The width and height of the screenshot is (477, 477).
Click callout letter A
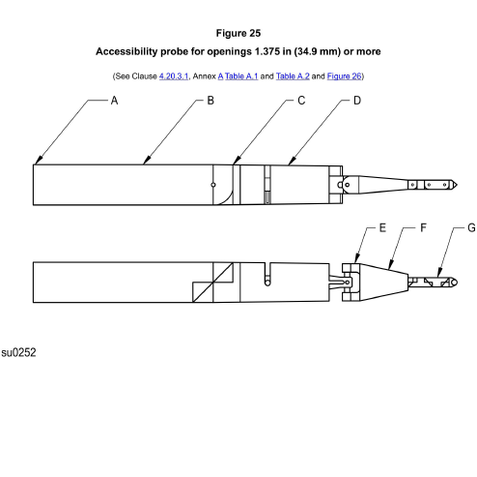114,101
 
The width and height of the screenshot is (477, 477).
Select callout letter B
210,101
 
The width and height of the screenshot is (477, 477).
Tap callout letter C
301,101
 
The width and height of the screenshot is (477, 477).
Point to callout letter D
357,101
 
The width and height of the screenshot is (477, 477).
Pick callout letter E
382,228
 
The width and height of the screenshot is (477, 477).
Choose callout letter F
423,228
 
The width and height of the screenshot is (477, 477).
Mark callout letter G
471,228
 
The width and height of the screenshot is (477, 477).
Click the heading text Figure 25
238,33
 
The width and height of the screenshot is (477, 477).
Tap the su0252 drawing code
18,354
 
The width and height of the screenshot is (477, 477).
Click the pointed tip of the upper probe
456,184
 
